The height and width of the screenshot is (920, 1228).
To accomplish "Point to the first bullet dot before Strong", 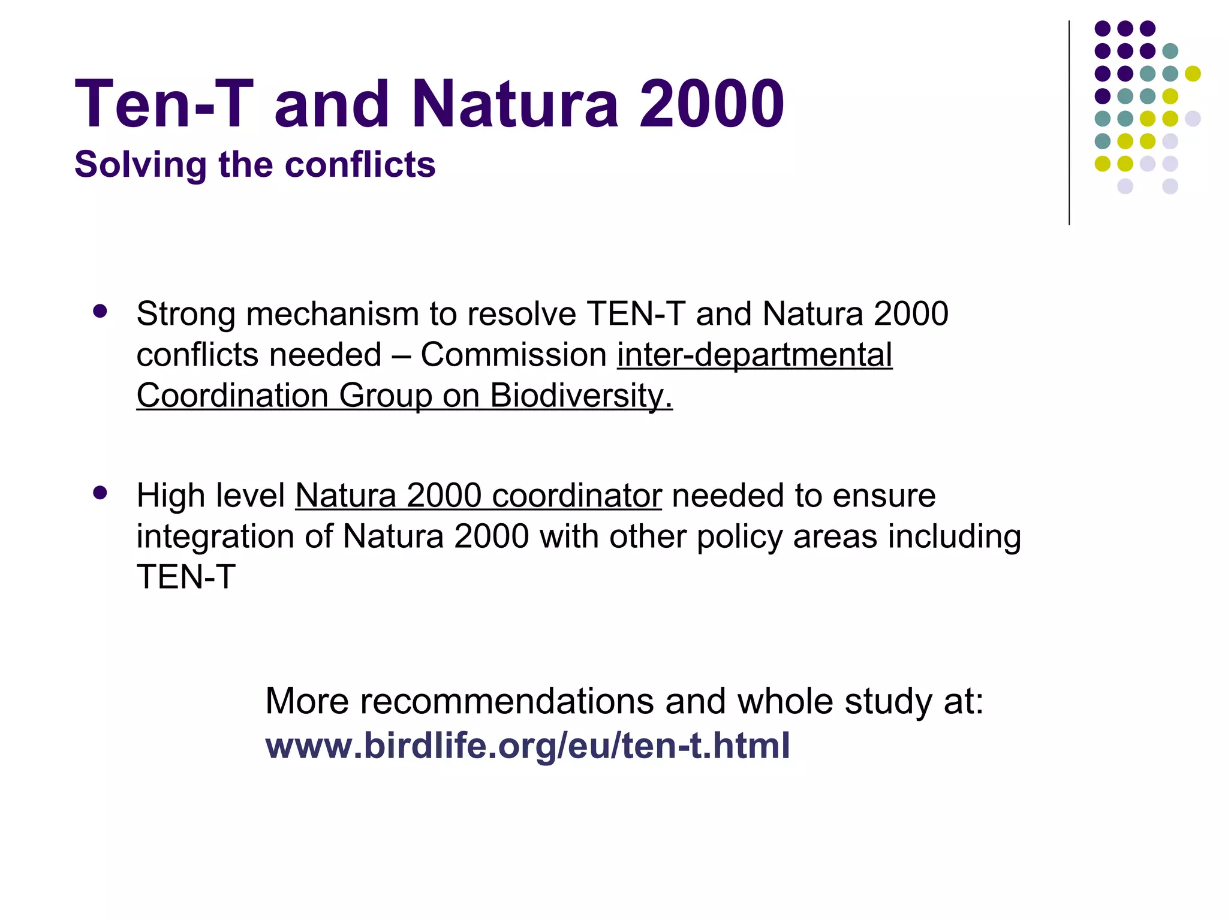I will [100, 311].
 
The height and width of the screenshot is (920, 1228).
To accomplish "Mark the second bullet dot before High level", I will [100, 493].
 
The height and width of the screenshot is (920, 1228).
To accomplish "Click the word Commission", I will [514, 355].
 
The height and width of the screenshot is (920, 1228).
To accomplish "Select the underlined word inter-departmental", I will [754, 355].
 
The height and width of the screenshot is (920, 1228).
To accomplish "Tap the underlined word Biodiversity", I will [581, 396].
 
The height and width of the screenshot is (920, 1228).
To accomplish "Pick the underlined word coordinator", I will [577, 496].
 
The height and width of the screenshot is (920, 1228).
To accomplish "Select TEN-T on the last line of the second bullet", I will [186, 577].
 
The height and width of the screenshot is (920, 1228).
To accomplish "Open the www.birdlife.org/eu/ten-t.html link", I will [528, 746].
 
